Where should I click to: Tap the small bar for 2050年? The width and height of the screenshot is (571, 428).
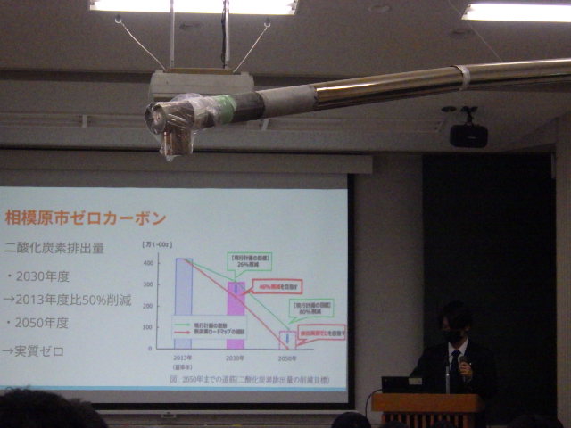coord(286,341)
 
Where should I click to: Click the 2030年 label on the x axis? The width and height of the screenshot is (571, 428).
coord(236,358)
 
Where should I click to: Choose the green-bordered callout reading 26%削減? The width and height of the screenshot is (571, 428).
coord(250,260)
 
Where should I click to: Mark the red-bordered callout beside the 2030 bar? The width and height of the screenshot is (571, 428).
coord(277,286)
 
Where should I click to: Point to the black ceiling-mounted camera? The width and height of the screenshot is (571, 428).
coord(468,134)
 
